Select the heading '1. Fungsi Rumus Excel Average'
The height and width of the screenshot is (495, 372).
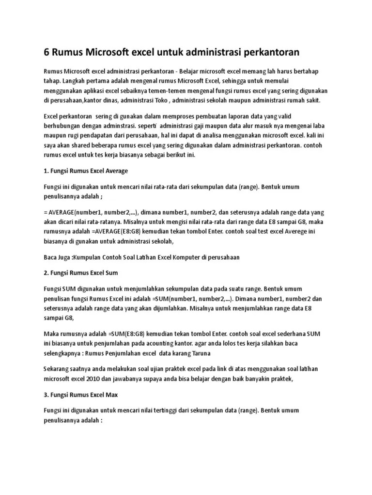(86, 171)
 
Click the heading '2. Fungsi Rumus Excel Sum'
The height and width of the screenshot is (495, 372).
(81, 273)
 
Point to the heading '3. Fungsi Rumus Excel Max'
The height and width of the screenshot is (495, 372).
(81, 395)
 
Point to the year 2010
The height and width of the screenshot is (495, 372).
(104, 379)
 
